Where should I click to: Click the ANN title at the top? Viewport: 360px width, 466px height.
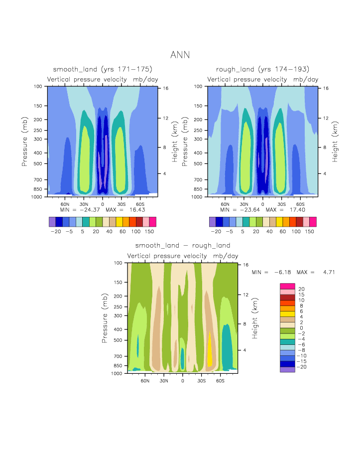[180, 55]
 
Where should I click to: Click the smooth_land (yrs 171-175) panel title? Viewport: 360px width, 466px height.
[103, 69]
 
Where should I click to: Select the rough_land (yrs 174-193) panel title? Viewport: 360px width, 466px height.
[262, 69]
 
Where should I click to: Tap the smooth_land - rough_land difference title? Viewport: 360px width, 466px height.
[183, 246]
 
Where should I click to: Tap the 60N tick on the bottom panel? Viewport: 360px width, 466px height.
[145, 381]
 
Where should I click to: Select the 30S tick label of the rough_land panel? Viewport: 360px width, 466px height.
[281, 204]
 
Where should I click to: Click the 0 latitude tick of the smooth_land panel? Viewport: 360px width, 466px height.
[103, 204]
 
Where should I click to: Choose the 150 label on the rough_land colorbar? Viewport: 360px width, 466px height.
[309, 232]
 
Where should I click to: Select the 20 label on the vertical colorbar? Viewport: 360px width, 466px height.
[301, 289]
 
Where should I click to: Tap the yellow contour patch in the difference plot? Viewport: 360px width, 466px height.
[210, 349]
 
